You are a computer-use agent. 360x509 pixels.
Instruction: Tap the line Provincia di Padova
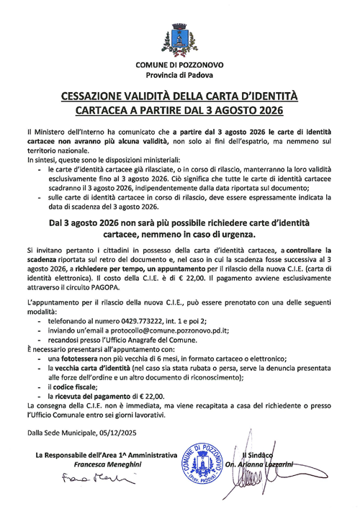tap(179, 75)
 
